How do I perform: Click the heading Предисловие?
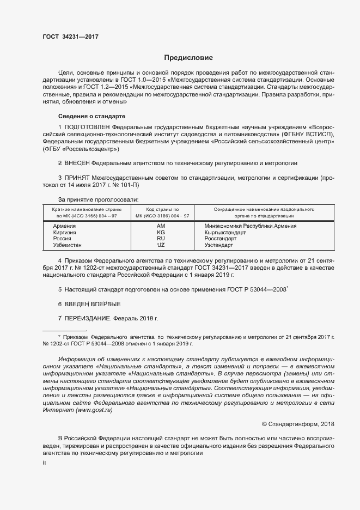tap(188, 58)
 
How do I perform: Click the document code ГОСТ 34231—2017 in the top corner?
tap(70, 37)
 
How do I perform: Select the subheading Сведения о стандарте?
tap(91, 117)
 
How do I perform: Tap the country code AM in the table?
tap(161, 226)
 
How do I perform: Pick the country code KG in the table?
tap(161, 232)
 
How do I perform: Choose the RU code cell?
tap(161, 239)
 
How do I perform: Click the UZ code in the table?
tap(161, 245)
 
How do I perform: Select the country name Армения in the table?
tap(64, 226)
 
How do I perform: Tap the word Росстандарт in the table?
tap(220, 239)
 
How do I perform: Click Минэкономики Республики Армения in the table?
tap(250, 226)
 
